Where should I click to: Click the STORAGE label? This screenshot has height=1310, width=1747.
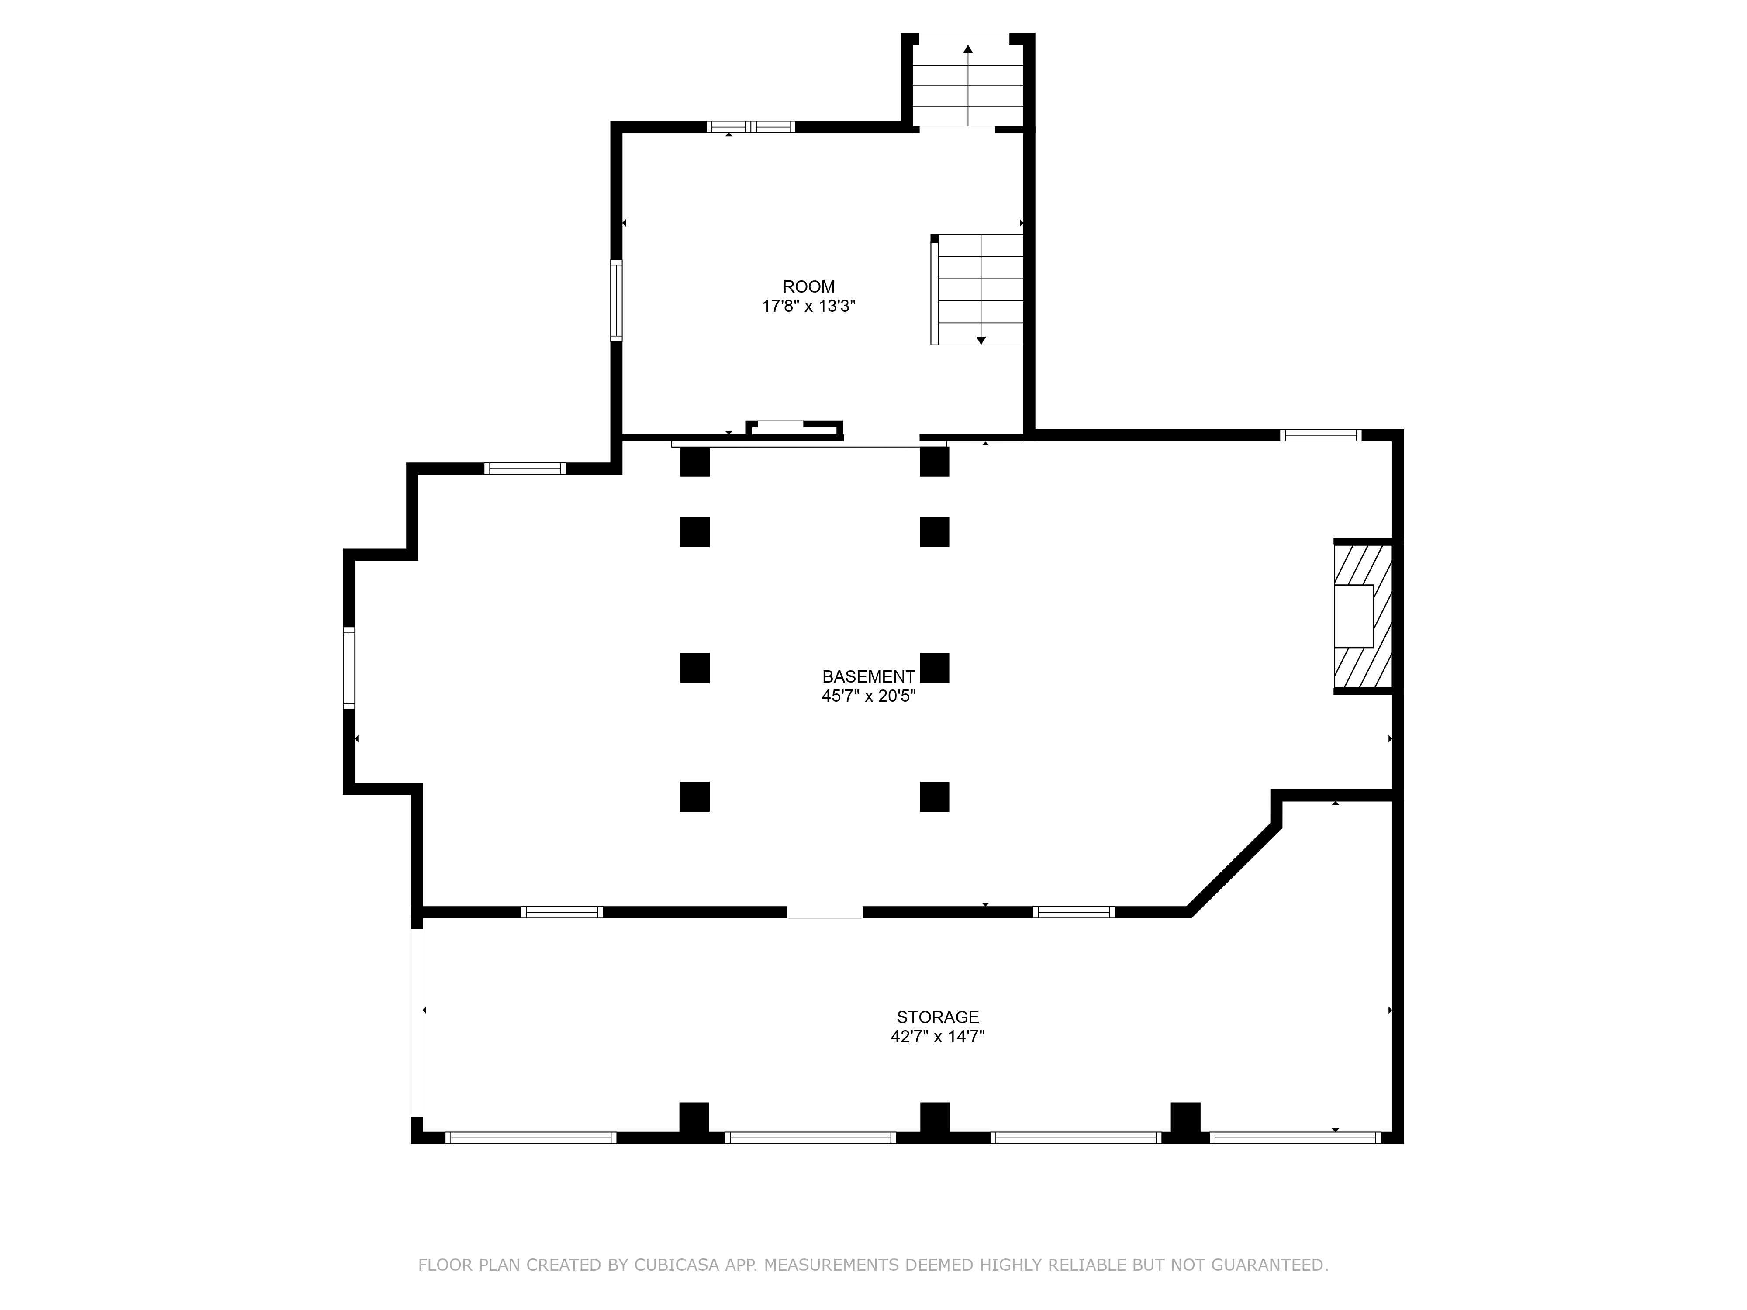(x=937, y=1017)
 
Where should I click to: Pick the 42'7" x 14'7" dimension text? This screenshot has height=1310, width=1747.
(x=937, y=1037)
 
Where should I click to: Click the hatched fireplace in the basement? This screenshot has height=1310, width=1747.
(x=1362, y=616)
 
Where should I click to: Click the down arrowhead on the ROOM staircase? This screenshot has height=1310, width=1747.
(x=981, y=340)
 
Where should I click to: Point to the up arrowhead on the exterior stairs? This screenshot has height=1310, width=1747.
(x=967, y=49)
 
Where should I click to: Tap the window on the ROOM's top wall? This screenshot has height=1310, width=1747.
(x=750, y=126)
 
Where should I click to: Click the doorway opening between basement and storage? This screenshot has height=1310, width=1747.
(x=825, y=912)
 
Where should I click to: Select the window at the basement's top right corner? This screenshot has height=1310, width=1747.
(x=1321, y=435)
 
